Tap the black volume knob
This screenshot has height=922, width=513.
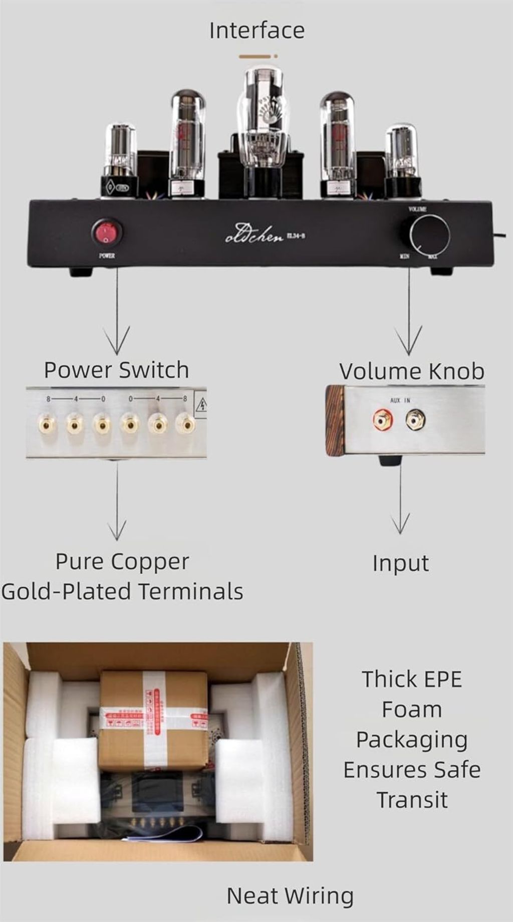tap(429, 235)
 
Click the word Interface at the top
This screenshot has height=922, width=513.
tap(256, 31)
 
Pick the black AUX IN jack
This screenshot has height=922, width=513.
tap(415, 420)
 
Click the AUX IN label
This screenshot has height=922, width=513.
tap(400, 400)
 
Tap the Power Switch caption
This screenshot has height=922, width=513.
tap(116, 370)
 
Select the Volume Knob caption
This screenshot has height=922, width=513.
tap(412, 371)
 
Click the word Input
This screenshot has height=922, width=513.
tap(400, 563)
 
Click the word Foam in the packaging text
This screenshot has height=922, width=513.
tap(412, 710)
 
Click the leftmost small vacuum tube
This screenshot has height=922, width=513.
tap(121, 158)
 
